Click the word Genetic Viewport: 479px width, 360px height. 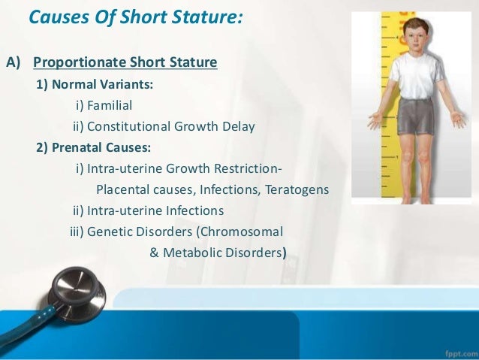tap(110, 232)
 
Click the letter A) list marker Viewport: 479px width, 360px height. tap(15, 62)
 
